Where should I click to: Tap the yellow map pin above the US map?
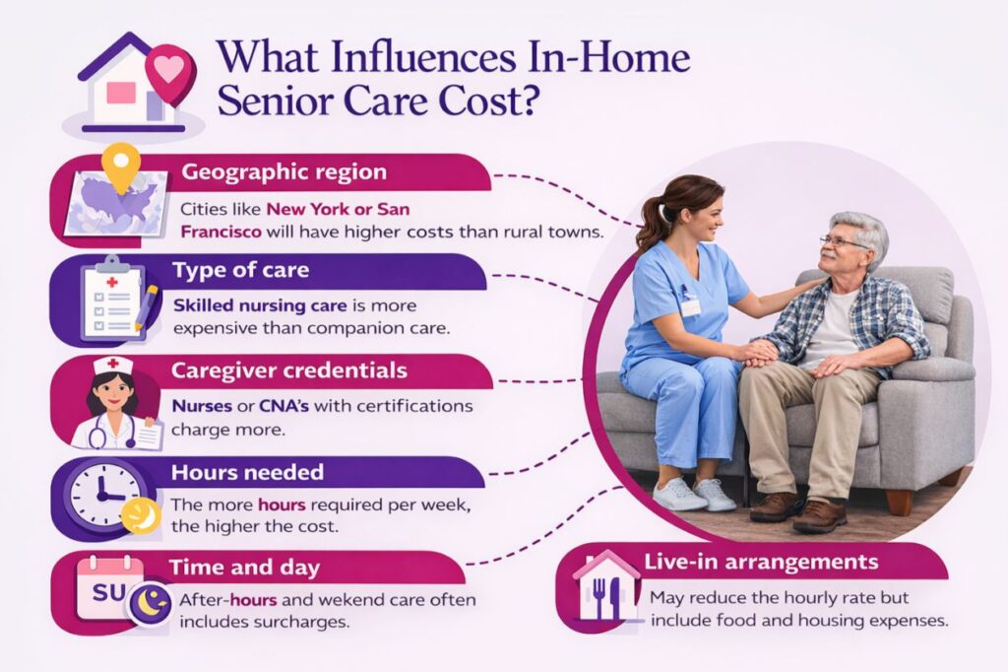pyautogui.click(x=121, y=166)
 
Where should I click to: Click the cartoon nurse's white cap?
pyautogui.click(x=112, y=367)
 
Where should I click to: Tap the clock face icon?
pyautogui.click(x=100, y=494)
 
